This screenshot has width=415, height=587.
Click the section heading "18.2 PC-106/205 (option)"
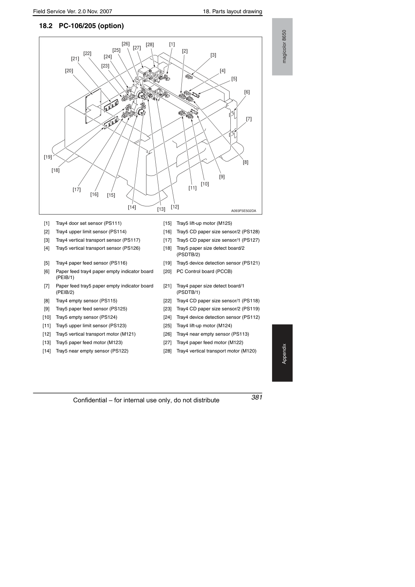81,26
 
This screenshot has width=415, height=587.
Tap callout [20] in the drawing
69,71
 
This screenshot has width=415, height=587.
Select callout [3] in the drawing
213,55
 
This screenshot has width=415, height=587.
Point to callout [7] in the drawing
248,119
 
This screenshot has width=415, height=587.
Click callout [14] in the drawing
132,207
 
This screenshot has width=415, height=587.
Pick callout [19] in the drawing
48,157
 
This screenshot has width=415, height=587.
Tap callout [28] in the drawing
150,45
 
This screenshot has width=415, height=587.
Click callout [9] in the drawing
222,177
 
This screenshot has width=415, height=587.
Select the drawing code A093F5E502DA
244,211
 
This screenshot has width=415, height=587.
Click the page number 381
257,397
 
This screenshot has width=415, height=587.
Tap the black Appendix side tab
282,353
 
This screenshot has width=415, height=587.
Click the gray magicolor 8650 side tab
282,47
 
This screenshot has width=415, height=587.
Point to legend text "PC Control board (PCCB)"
204,271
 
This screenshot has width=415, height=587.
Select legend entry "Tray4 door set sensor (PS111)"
89,223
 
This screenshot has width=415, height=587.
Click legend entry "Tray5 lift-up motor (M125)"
204,223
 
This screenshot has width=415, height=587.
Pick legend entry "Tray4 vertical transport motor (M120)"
216,351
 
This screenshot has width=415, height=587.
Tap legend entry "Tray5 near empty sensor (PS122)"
92,351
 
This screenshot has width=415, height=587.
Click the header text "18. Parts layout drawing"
232,12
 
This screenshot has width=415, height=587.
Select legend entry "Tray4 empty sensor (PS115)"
86,301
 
